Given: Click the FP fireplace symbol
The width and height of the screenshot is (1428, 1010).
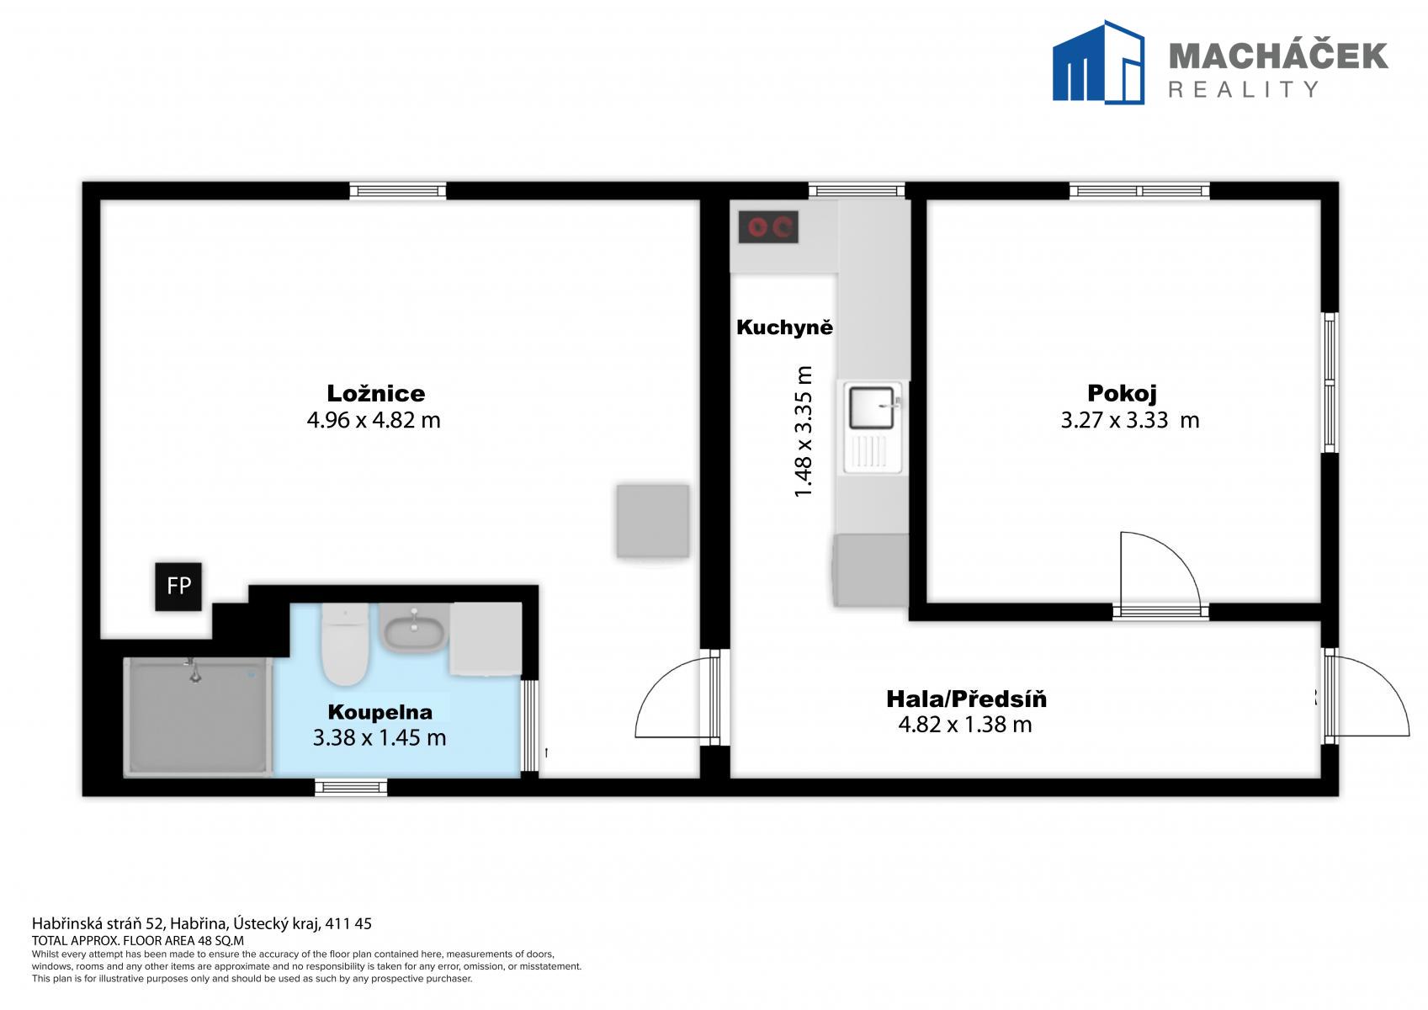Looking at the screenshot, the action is [178, 586].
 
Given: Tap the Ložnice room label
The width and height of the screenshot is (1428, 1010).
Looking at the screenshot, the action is [376, 393].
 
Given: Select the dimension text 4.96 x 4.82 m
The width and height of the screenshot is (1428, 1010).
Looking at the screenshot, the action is [374, 420].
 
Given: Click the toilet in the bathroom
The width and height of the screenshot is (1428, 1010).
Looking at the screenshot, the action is [345, 644].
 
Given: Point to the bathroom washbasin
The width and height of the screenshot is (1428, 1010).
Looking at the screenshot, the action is [414, 628].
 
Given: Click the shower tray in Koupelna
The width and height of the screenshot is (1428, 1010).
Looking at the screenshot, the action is [198, 717].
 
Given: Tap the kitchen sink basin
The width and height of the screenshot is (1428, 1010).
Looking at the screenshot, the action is [872, 407].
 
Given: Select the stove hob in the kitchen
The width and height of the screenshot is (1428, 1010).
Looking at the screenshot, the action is [768, 226].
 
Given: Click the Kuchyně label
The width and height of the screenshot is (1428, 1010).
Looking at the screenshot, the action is [785, 327].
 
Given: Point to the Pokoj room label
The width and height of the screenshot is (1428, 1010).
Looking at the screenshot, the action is [1122, 393].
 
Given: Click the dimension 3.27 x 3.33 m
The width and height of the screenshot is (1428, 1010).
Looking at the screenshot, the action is [1129, 420].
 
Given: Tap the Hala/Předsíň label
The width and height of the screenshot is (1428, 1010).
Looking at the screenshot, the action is [967, 699].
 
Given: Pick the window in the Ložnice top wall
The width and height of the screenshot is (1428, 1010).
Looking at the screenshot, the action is [398, 191].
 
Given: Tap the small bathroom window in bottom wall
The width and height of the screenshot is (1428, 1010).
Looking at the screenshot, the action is [351, 787].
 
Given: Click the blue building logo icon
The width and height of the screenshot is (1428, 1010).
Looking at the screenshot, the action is [1098, 61].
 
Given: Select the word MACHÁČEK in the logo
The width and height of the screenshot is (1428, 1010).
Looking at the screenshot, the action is [1278, 56].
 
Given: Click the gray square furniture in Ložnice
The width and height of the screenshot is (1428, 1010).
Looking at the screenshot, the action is [653, 521].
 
